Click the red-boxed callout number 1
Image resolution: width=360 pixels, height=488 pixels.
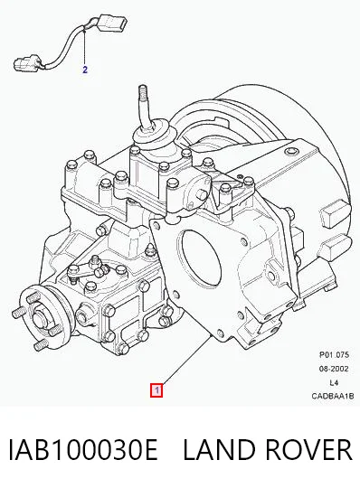click(x=156, y=390)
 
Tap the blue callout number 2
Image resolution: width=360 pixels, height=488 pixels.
click(x=85, y=70)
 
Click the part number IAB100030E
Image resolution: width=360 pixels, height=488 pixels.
click(x=83, y=449)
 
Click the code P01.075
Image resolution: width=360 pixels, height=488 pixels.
click(x=334, y=354)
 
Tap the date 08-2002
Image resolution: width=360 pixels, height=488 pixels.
click(x=334, y=369)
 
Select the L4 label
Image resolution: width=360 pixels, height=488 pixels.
click(x=334, y=382)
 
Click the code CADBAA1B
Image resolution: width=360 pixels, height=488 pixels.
click(x=333, y=396)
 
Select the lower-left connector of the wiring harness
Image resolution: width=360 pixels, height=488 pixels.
click(x=28, y=62)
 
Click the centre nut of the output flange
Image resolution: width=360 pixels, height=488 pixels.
click(x=40, y=320)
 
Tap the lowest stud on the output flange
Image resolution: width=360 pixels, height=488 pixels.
click(x=40, y=344)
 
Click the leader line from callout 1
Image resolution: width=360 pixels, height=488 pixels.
click(x=186, y=360)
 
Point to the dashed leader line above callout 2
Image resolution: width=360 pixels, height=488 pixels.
click(x=85, y=47)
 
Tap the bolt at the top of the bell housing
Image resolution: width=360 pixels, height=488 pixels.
click(x=290, y=152)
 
